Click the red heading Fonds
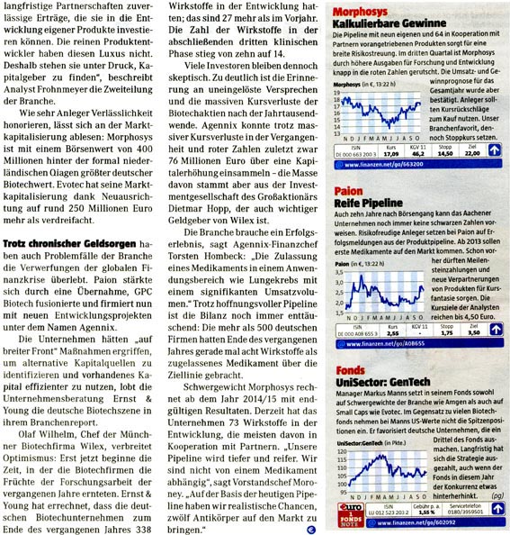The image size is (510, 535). point(348,369)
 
